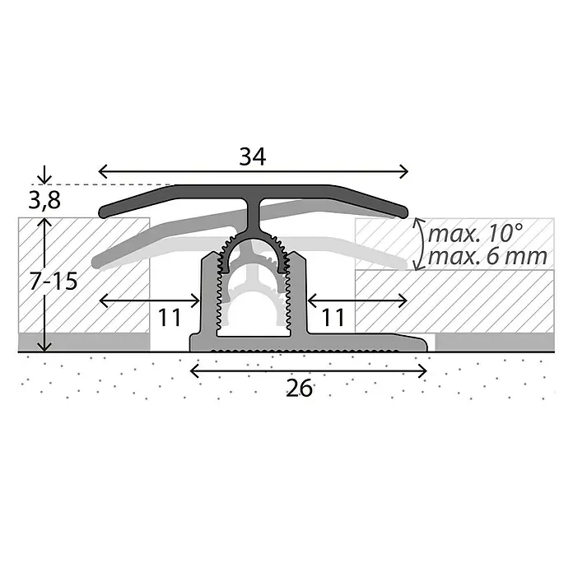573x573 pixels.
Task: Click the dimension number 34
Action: (253, 156)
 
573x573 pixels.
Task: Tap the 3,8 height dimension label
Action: (44, 200)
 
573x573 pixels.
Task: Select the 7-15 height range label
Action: (54, 282)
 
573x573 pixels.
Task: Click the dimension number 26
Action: (300, 388)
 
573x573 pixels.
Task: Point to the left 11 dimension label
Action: (170, 317)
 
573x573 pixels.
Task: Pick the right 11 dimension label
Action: (333, 317)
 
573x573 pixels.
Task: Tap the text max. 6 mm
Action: (487, 257)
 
